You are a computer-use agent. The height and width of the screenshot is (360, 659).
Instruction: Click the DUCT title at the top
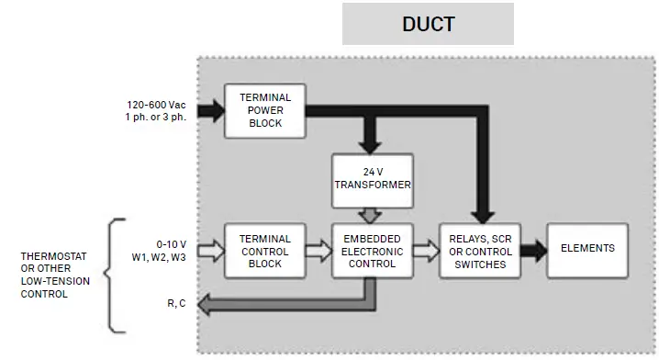[x=428, y=24]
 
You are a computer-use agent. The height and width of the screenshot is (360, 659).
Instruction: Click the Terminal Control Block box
[x=264, y=250]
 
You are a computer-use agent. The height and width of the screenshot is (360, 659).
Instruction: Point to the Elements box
[x=587, y=249]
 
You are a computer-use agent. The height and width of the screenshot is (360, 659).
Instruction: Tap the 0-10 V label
[x=173, y=243]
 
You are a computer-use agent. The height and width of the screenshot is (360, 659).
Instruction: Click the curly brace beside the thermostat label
[x=116, y=275]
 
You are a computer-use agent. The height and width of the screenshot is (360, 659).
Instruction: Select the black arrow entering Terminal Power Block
[x=210, y=111]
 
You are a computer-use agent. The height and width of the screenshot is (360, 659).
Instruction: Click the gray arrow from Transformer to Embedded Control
[x=371, y=214]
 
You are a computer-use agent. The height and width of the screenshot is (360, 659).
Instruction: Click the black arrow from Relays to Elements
[x=531, y=249]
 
